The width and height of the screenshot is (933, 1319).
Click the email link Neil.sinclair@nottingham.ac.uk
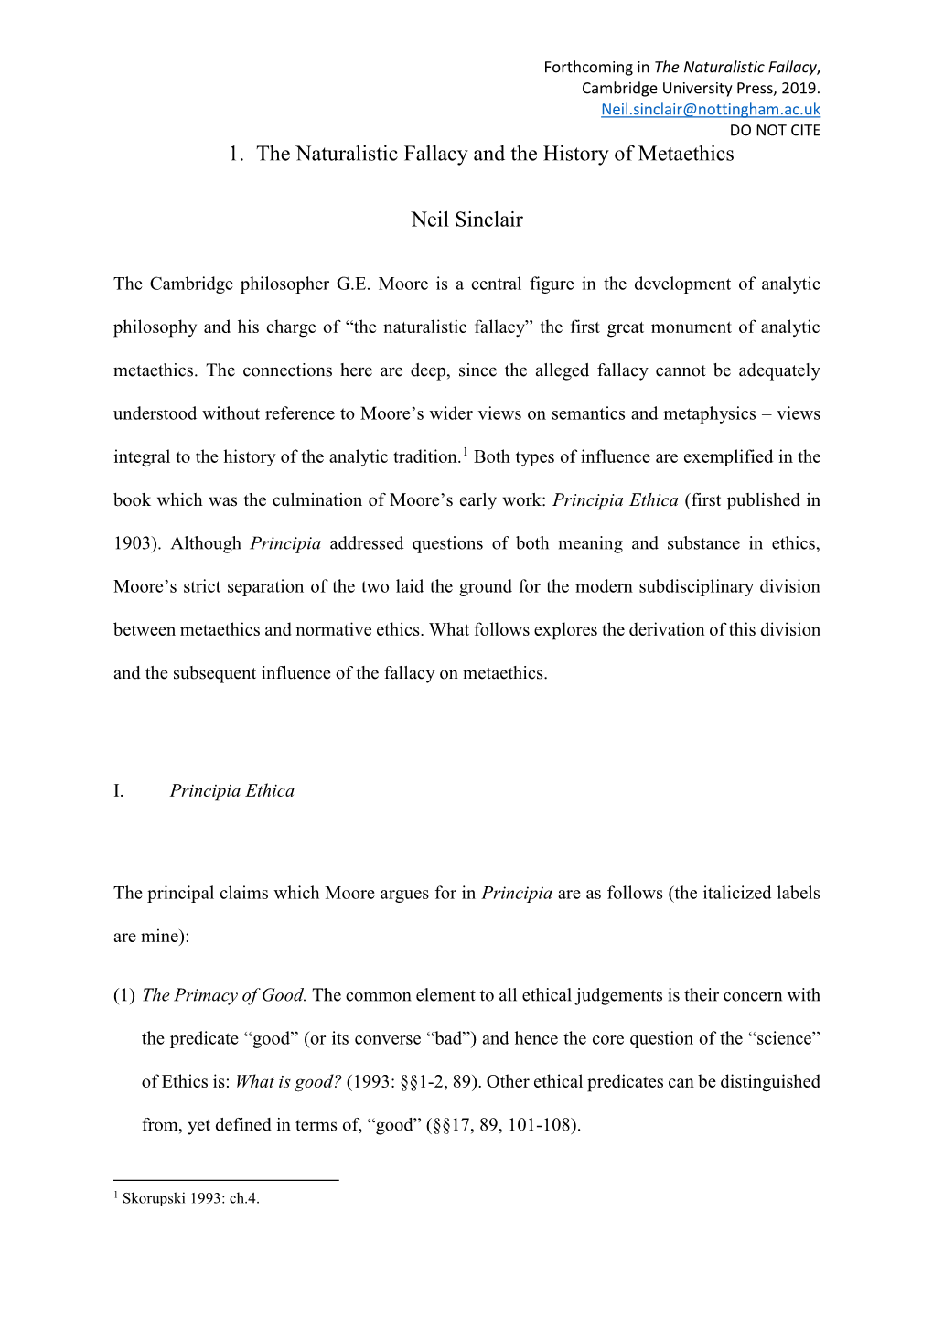pyautogui.click(x=710, y=109)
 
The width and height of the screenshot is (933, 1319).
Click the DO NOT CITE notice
pyautogui.click(x=774, y=130)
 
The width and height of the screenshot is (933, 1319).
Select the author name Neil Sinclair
pyautogui.click(x=466, y=220)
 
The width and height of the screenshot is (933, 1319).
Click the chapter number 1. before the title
pyautogui.click(x=236, y=154)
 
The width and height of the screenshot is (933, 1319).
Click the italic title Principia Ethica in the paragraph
pyautogui.click(x=616, y=500)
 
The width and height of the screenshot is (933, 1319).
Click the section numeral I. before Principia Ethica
pyautogui.click(x=119, y=791)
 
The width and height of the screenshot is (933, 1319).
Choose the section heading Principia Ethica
pyautogui.click(x=232, y=791)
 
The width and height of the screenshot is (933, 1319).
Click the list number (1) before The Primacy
pyautogui.click(x=124, y=995)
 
